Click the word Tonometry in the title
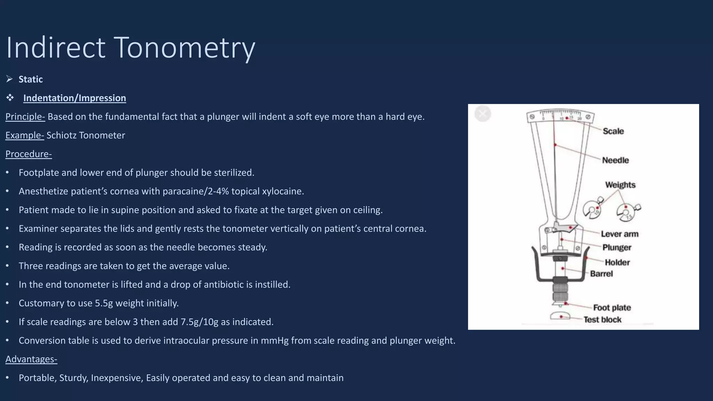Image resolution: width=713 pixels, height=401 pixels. coord(185,48)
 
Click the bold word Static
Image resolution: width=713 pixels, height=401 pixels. coord(31,79)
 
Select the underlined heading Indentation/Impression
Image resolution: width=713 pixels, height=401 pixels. coord(75,98)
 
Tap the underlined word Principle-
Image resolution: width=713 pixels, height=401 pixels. coord(25,117)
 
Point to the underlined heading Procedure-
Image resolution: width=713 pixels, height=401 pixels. coord(29,154)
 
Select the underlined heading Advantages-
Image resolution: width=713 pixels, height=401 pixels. coord(31,359)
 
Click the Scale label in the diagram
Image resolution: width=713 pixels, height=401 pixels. coord(613,131)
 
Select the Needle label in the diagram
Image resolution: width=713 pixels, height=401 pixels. coord(615,160)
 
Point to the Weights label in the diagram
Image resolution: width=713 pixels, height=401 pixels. coord(620,185)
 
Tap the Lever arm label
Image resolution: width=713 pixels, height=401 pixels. coord(619,234)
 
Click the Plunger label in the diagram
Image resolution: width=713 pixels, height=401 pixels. coord(617,247)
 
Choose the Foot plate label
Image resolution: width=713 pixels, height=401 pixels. coord(612,308)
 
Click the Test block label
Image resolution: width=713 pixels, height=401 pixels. coord(602,320)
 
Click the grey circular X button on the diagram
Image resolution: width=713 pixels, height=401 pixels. coord(483,113)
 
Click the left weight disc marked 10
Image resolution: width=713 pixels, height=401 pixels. coord(592,210)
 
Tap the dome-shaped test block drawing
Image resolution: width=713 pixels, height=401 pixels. coord(560,316)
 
